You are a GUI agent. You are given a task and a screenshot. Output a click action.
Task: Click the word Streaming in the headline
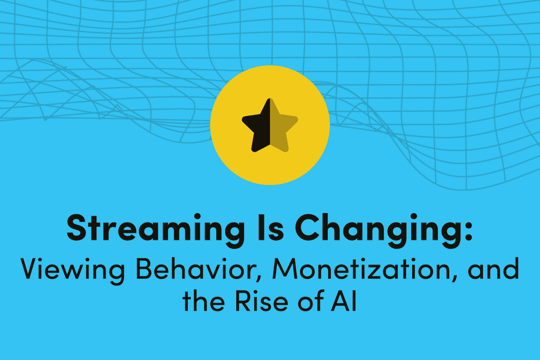pos(155,229)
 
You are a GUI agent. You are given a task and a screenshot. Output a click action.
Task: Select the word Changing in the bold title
pos(376,229)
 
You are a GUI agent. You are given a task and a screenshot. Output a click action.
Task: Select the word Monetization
pos(361,269)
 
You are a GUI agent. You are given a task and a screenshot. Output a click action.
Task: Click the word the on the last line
pos(204,301)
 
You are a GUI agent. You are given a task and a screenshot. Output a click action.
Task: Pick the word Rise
pos(262,301)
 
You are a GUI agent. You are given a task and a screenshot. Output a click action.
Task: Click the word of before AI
pos(310,301)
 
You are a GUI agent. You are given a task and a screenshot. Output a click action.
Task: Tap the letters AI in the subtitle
pos(344,301)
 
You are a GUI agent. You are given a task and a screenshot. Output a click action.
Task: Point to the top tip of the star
pos(270,100)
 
